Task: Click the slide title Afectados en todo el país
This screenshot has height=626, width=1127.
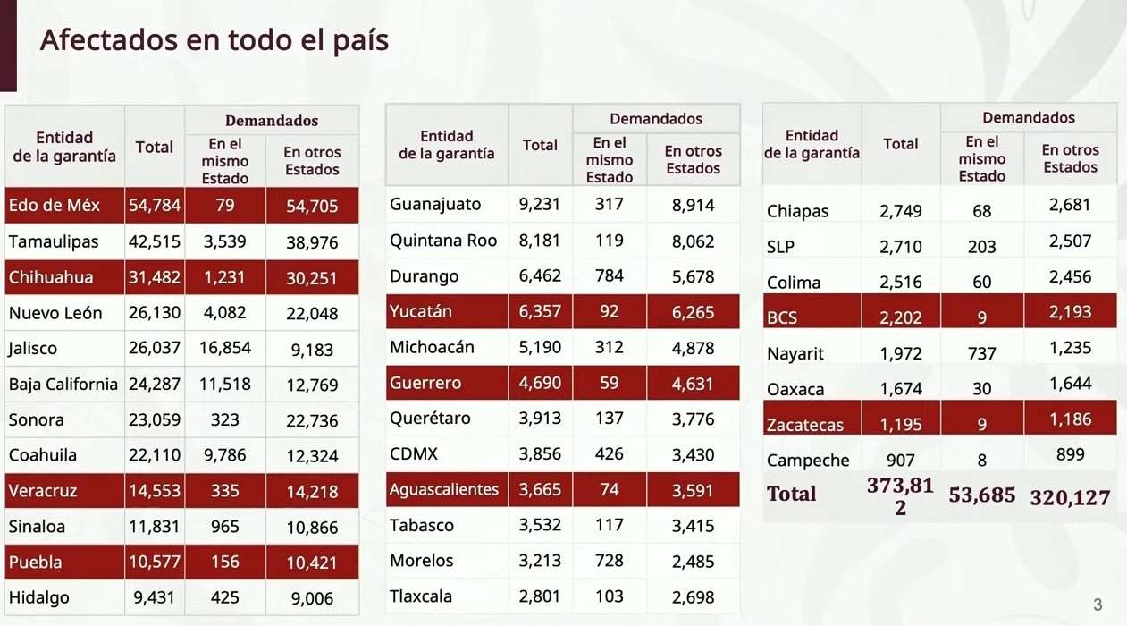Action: pos(214,40)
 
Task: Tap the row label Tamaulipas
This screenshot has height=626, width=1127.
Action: pos(53,241)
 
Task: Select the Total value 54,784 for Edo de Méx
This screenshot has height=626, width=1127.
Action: pos(155,206)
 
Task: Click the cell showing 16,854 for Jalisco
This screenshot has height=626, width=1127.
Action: pos(225,348)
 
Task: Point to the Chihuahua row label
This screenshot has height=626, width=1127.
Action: pos(50,277)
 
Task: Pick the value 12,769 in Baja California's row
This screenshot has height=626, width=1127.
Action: pos(312,385)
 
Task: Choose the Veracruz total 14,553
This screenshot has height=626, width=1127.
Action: pos(155,491)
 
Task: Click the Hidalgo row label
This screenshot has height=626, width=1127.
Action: pos(38,597)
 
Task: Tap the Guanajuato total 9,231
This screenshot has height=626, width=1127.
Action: pos(540,204)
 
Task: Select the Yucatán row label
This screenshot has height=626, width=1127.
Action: pos(421,311)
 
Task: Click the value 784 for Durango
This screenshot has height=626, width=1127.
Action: pos(610,275)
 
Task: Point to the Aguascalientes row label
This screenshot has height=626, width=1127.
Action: pos(444,489)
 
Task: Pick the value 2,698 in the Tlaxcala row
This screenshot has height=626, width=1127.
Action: pos(693,596)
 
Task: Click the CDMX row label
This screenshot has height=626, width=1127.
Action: pos(414,453)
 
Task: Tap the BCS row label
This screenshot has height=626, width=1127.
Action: pos(783,317)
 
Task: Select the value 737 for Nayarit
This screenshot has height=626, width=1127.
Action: pos(982,353)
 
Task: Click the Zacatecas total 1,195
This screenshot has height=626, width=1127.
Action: pos(901,425)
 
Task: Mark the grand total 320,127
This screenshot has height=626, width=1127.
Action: pos(1070,497)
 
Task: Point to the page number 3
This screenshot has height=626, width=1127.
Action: pos(1098,605)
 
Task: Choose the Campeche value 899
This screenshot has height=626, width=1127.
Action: pos(1070,453)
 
